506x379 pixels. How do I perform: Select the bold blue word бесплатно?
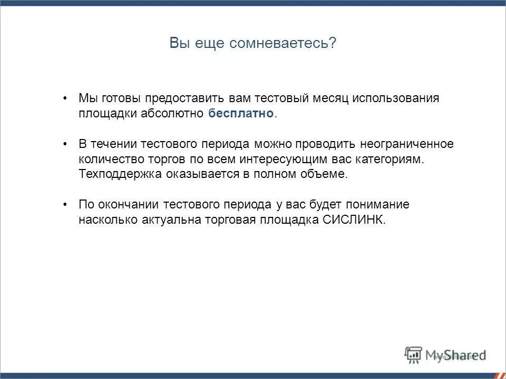tap(241, 114)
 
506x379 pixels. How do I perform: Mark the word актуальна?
tap(172, 220)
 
